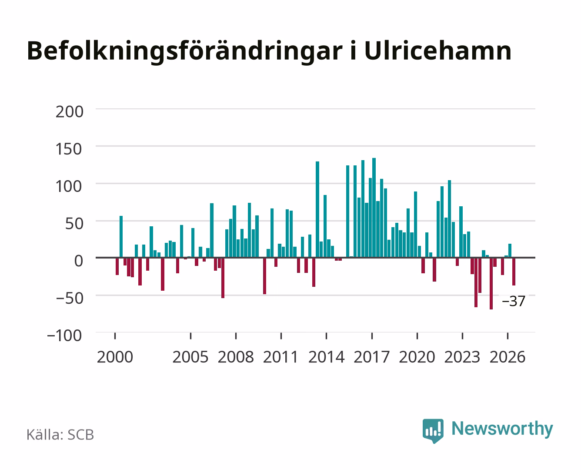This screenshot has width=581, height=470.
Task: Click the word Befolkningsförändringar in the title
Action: [x=185, y=52]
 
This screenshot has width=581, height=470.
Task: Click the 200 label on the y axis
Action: [x=69, y=112]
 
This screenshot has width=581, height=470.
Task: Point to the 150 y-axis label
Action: [x=69, y=149]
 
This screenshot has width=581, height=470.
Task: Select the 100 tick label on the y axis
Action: [x=69, y=186]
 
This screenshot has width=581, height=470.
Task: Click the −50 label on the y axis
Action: [x=70, y=298]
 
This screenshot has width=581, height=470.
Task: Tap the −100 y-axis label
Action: [x=64, y=336]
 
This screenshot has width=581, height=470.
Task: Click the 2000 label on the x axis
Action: [x=115, y=357]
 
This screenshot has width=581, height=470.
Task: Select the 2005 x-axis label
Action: [x=190, y=357]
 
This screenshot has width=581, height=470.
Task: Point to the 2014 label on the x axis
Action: [x=327, y=357]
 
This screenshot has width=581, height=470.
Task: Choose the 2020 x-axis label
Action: [x=417, y=357]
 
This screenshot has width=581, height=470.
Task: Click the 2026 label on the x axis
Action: [x=508, y=357]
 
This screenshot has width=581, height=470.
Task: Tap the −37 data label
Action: [x=514, y=301]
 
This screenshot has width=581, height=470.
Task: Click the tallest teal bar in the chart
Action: [x=374, y=208]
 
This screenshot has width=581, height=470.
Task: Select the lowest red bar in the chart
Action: [x=491, y=283]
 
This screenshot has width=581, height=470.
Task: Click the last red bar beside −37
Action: [x=514, y=271]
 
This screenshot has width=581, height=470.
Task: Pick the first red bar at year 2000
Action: [x=117, y=266]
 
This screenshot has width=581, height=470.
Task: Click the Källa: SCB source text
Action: [x=60, y=435]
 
